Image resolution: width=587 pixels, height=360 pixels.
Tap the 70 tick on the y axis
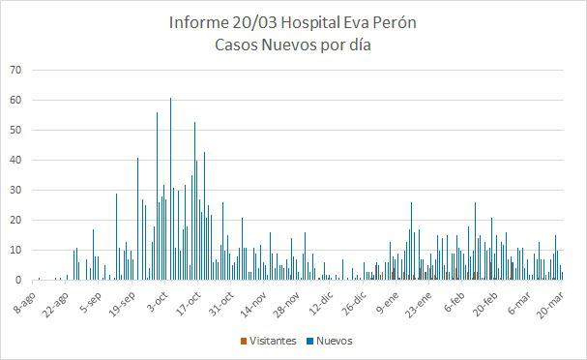[x=15, y=70]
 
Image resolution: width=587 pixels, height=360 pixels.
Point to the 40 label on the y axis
[x=15, y=160]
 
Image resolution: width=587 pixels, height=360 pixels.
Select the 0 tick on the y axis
[x=18, y=280]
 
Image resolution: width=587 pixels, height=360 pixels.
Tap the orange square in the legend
[x=243, y=341]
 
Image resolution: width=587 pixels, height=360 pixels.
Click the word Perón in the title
[x=395, y=22]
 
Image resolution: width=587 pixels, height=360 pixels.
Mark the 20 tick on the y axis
[x=15, y=220]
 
